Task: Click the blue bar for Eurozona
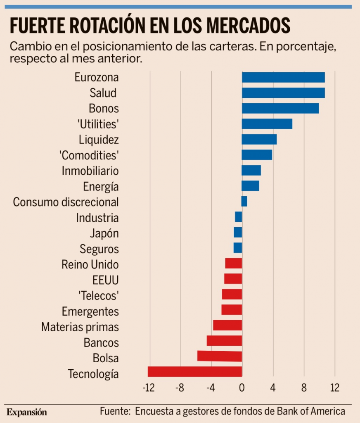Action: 283,77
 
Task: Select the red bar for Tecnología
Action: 195,372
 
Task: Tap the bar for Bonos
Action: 280,108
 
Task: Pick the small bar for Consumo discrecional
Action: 244,201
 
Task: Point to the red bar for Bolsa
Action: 220,356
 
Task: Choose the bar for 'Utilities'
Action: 267,124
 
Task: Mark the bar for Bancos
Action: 224,341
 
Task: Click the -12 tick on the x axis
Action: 149,388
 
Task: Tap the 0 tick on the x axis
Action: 242,388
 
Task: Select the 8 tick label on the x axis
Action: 304,388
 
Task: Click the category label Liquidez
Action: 99,140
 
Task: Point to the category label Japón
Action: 104,233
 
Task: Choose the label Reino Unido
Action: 90,264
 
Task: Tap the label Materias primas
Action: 80,327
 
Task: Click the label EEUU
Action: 106,280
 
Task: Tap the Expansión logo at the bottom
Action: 27,412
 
